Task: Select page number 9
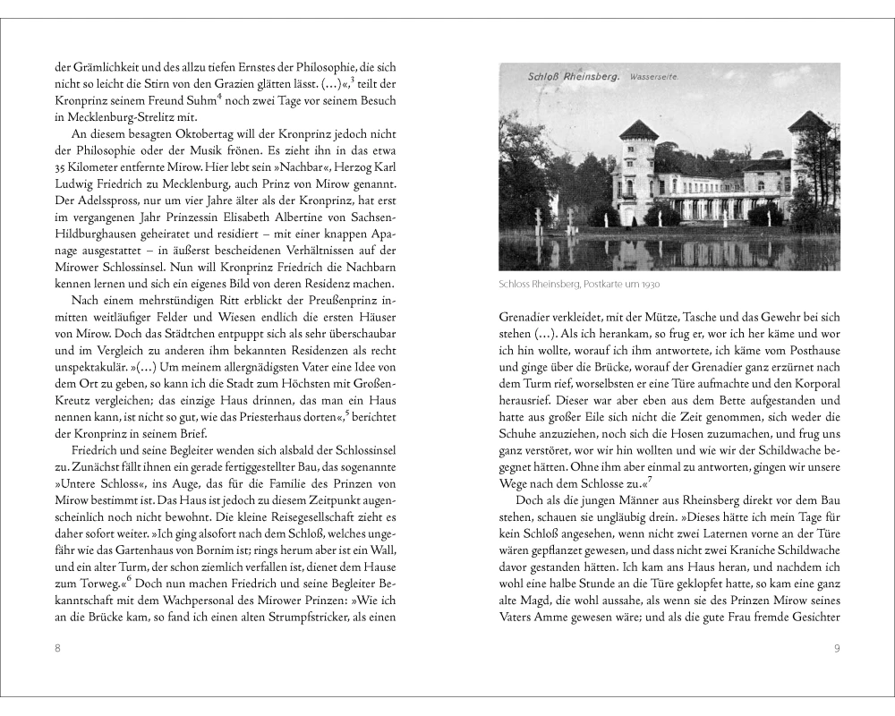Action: click(x=837, y=648)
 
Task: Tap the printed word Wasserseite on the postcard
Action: click(x=653, y=78)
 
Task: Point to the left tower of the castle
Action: click(x=637, y=170)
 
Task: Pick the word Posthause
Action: click(x=811, y=349)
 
